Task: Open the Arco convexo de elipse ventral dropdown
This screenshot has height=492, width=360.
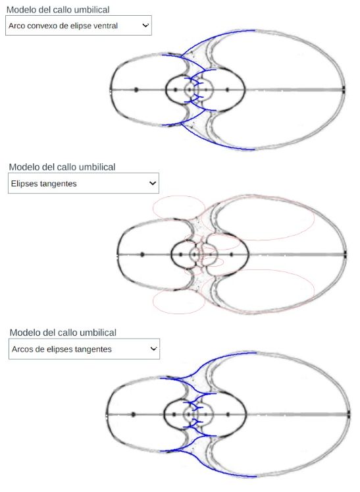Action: click(x=78, y=26)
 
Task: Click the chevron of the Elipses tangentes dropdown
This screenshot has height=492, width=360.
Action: click(x=153, y=183)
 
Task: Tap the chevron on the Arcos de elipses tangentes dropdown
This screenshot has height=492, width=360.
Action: click(x=153, y=348)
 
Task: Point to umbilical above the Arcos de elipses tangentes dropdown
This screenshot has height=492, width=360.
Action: click(x=98, y=333)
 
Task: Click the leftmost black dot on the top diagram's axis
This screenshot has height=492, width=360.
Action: click(x=136, y=90)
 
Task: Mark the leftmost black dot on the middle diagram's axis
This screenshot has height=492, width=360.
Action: click(x=142, y=254)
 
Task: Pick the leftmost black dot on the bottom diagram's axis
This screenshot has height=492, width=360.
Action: click(x=134, y=414)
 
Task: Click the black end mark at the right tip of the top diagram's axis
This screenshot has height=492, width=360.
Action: click(x=344, y=90)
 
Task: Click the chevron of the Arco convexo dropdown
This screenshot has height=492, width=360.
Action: click(x=145, y=25)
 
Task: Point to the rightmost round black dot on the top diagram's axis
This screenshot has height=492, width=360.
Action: click(x=227, y=90)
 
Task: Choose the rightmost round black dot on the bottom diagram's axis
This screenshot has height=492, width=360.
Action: click(x=228, y=414)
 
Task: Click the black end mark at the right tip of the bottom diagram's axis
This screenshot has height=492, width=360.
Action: click(x=349, y=414)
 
